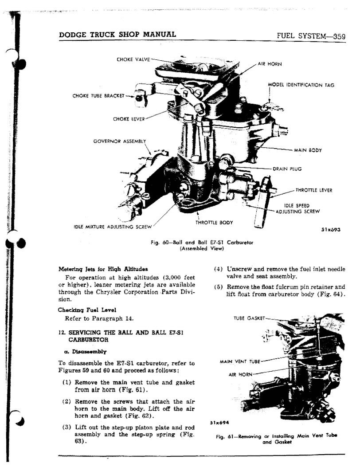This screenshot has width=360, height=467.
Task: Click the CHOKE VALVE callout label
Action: (x=133, y=59)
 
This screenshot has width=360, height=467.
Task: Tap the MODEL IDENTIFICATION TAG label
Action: (x=301, y=85)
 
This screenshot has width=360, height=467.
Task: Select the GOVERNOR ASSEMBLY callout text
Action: (x=120, y=141)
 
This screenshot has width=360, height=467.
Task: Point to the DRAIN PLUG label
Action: (x=287, y=169)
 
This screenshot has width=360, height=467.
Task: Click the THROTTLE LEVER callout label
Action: (x=314, y=190)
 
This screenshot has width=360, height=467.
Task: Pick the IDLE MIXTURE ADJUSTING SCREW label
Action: (x=113, y=227)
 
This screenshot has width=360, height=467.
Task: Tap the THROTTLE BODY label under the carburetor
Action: (x=214, y=222)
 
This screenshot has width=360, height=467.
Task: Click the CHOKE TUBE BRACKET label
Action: (x=98, y=96)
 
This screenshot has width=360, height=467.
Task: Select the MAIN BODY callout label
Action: (x=308, y=150)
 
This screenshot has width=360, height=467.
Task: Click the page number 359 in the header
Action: (x=339, y=36)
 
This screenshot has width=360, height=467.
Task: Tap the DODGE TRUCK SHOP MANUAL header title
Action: (x=117, y=34)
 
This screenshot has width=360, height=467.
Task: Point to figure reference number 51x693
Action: (x=331, y=230)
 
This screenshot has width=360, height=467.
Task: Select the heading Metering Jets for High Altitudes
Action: (x=103, y=269)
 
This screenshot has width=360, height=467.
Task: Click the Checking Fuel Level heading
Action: (x=87, y=310)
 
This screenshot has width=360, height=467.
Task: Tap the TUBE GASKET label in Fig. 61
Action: (x=249, y=318)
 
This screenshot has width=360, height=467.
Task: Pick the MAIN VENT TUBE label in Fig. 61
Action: (x=240, y=361)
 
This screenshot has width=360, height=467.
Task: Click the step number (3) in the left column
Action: (x=67, y=428)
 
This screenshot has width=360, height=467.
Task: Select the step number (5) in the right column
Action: (x=218, y=287)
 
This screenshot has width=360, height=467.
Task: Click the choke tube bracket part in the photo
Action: (x=141, y=96)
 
